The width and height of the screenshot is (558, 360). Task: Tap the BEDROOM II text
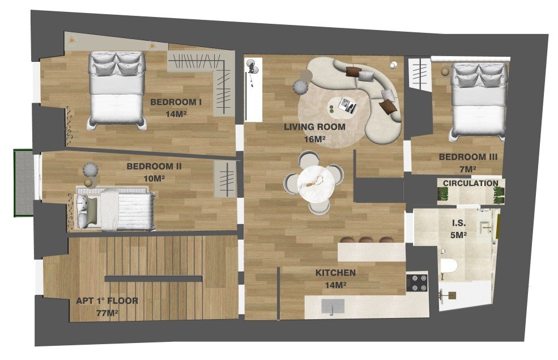point(154,167)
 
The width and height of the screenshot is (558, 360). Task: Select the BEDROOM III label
point(468,157)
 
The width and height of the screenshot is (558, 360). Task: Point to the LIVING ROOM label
point(314,127)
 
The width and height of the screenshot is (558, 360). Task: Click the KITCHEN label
point(335,273)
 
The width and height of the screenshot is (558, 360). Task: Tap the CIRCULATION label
point(470,183)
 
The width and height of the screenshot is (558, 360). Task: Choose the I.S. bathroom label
point(458,223)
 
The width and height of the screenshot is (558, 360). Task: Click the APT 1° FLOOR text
point(107,301)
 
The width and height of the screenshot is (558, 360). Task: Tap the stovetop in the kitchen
point(416,283)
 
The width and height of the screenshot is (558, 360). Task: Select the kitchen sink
point(333,307)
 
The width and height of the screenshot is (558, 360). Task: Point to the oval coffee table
point(342,105)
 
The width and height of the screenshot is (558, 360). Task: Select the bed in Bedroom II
point(116,209)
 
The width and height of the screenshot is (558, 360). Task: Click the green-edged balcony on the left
point(24,182)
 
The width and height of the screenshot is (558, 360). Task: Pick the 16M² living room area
point(314,138)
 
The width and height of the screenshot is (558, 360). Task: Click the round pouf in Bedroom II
point(90,170)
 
